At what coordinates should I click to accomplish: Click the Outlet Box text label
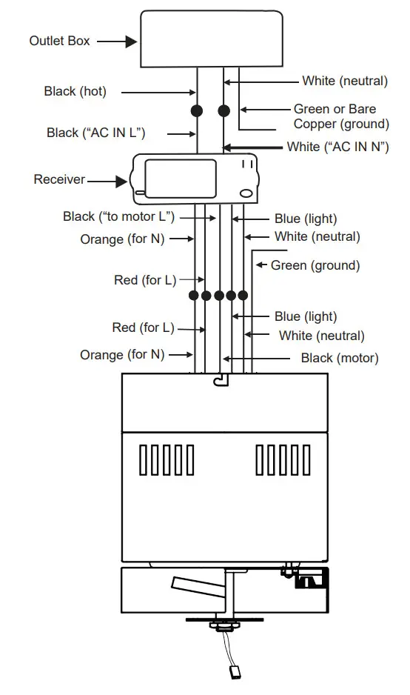coord(59,41)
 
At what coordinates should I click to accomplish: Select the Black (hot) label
coord(75,92)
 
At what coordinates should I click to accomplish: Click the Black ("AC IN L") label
coord(95,133)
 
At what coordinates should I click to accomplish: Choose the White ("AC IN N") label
coord(337,147)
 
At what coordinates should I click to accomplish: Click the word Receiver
coord(59,179)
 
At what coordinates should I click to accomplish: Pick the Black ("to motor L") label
coord(118,216)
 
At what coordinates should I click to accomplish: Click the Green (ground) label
coord(315,265)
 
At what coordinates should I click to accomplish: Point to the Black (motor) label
coord(340,358)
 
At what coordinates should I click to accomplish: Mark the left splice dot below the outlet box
coord(198,111)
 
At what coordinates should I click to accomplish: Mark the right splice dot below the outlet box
coord(224,111)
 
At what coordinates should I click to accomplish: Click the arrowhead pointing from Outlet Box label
coord(132,41)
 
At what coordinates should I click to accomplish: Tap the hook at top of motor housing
coord(218,381)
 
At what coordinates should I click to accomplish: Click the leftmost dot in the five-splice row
coord(194,296)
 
